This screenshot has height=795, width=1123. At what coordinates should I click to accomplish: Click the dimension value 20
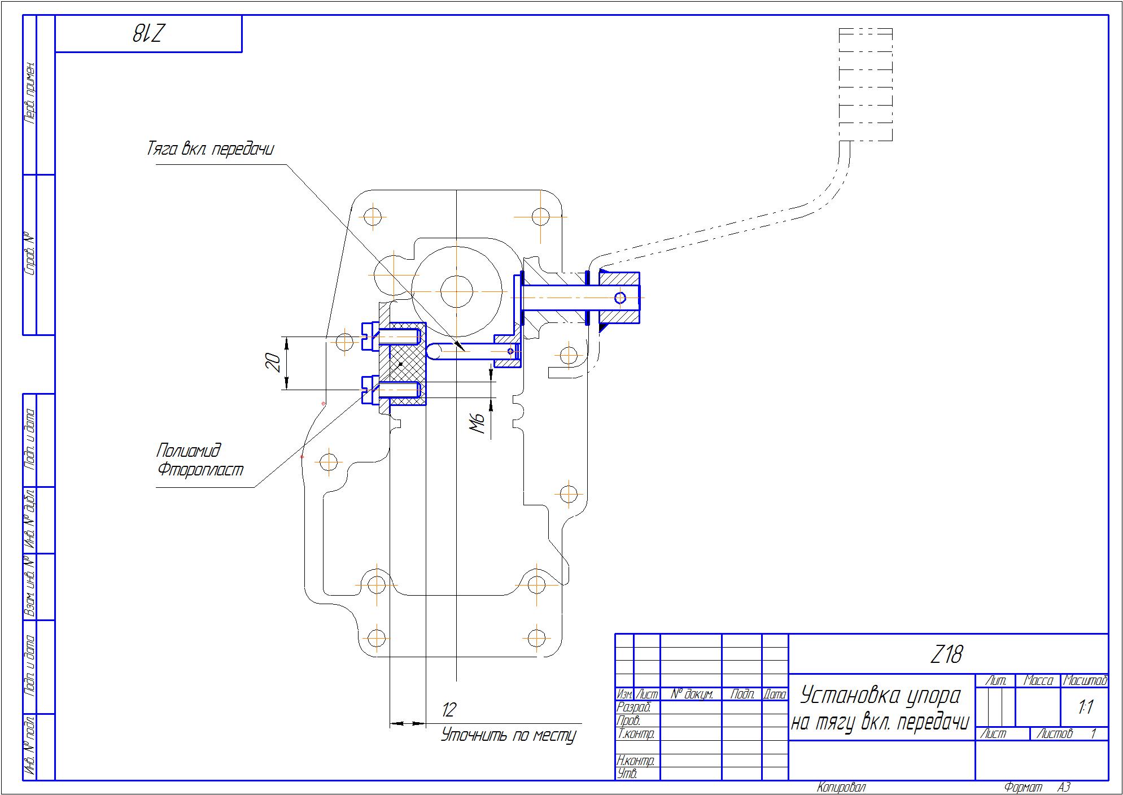point(273,362)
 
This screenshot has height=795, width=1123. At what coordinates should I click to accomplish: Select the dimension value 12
point(449,710)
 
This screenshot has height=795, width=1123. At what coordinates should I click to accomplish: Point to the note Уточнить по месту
point(508,735)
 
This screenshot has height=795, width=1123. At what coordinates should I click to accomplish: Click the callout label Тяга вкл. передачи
point(210,149)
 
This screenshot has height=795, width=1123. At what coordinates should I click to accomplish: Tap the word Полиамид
point(188,451)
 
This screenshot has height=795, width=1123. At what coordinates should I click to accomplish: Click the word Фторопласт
point(200,469)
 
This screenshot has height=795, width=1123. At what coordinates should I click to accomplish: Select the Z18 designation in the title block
point(946,655)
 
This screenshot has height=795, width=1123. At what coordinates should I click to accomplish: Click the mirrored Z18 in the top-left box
point(148,34)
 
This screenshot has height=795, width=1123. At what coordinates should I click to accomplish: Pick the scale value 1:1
point(1085,707)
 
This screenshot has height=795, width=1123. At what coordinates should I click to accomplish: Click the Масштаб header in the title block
point(1085,681)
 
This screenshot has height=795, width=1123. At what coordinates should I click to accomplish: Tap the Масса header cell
point(1038,681)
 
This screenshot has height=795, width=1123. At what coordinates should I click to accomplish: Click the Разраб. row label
point(635,707)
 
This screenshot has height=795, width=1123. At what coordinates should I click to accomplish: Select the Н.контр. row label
point(636,761)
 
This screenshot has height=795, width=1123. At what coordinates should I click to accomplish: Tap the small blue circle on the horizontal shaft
point(620,298)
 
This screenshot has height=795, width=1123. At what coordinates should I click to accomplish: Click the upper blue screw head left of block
point(368,336)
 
